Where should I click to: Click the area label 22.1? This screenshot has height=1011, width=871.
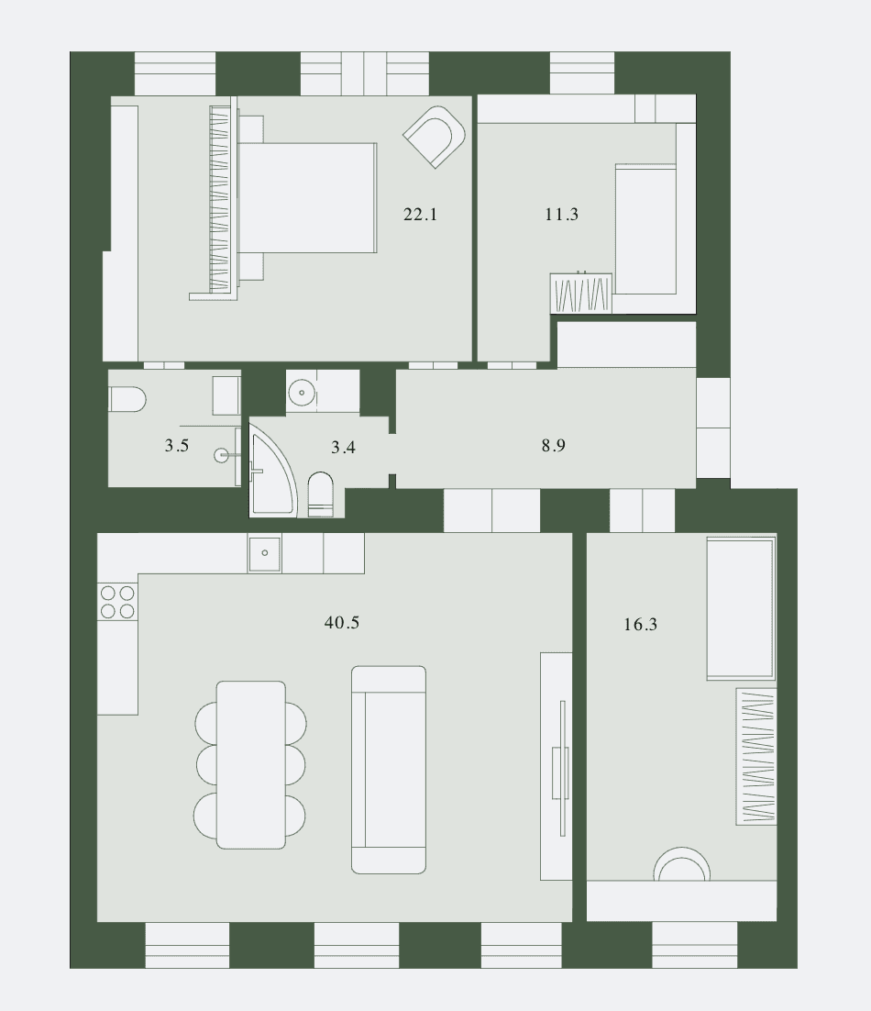pos(420,214)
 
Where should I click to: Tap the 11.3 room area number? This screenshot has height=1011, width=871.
pos(561,214)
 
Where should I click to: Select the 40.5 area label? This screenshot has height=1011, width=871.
pos(341,622)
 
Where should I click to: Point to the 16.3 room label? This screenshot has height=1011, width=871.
pos(640,624)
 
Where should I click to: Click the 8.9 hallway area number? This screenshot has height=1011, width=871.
pos(554,446)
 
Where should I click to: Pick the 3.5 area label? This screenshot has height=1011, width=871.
pos(177,446)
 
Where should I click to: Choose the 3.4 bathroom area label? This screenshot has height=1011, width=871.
pos(343,447)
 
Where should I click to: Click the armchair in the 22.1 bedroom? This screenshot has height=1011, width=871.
pos(435,137)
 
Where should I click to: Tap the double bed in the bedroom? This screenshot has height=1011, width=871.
pos(306,198)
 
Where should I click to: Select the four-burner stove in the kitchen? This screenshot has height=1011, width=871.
pos(117,602)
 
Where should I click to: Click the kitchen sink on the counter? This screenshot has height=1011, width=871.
pos(265,553)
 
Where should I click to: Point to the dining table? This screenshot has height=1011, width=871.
pos(250,765)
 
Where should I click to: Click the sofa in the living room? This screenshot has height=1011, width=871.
pos(389,770)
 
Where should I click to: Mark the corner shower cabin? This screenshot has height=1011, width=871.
pos(273,474)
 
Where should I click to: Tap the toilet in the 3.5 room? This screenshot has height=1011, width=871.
pos(127,400)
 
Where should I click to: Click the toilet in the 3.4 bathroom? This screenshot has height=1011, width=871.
pos(321,494)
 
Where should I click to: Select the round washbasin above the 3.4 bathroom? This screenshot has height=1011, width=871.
pos(302,392)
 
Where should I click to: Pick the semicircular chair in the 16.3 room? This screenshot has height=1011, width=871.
pos(681,864)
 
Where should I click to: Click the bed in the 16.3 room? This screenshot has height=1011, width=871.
pos(741,607)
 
